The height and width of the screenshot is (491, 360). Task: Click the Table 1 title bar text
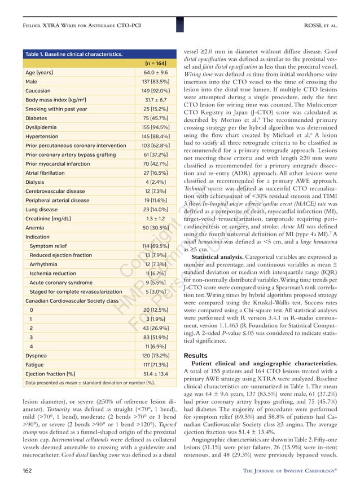74,54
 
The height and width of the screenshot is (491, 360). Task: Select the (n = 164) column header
155,64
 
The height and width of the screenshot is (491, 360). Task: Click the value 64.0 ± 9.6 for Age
155,73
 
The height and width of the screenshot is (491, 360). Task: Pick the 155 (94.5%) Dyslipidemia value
155,127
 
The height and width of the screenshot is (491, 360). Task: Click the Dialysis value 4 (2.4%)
155,182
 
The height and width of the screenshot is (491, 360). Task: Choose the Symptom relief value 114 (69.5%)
155,246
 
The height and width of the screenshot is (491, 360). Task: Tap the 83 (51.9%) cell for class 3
155,338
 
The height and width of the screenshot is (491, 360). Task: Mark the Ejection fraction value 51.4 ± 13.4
155,374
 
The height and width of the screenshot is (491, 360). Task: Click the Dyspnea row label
37,356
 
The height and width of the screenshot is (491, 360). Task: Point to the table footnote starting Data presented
90,383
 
